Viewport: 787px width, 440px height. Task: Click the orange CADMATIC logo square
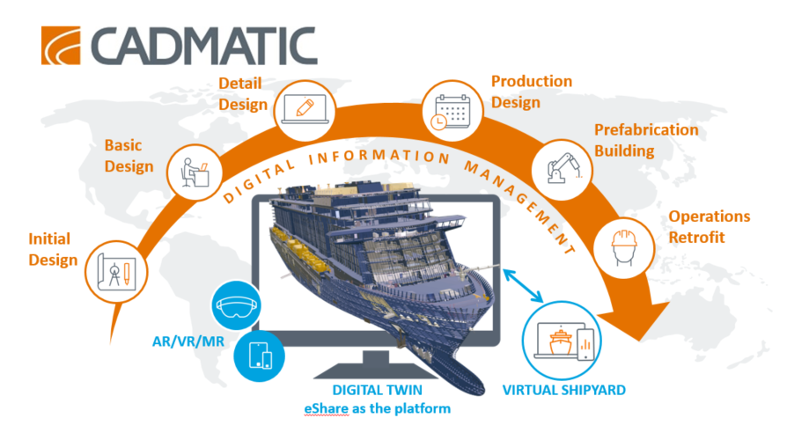(61, 45)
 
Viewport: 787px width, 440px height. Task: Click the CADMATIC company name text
(203, 46)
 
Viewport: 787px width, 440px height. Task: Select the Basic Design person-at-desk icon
(195, 172)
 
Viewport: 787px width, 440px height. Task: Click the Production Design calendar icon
(452, 111)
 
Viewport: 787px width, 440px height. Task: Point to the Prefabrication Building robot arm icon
(563, 169)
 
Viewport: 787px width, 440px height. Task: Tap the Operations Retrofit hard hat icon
(624, 247)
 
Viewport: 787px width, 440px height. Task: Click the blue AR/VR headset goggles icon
(236, 305)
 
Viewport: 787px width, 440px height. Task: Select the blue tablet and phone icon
(260, 356)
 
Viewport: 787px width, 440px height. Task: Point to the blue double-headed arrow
(523, 285)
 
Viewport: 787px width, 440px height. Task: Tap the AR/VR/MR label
(188, 341)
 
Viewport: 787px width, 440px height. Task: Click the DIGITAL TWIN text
(378, 390)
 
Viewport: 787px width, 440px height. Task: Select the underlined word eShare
(327, 409)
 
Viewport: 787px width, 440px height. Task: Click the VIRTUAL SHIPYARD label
(564, 390)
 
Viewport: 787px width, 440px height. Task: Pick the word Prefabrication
(646, 130)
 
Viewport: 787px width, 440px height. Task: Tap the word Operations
(710, 216)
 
